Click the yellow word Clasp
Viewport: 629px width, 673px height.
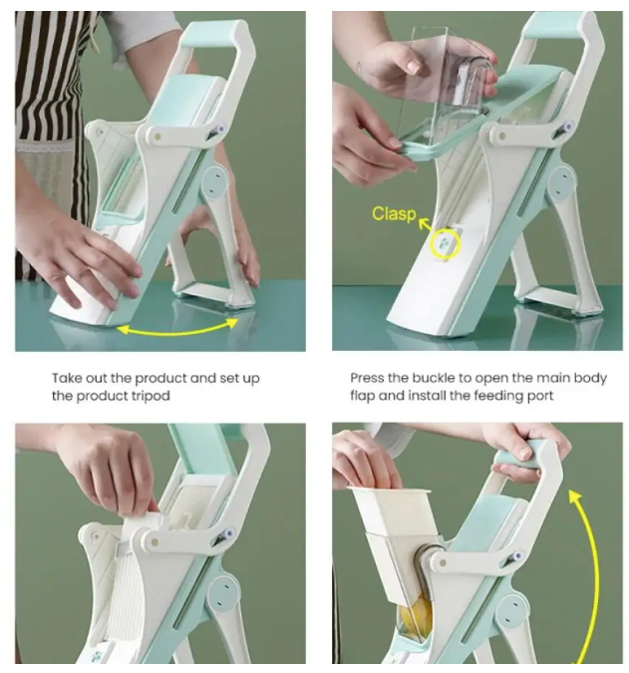394,213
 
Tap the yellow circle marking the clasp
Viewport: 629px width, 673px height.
446,244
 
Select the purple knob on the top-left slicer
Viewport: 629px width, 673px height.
221,130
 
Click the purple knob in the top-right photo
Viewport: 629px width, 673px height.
569,127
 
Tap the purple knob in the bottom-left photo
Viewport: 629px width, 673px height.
230,533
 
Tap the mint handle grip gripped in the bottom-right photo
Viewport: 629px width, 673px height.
522,456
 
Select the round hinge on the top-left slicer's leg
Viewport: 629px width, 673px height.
215,182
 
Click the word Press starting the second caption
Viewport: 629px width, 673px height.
367,378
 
